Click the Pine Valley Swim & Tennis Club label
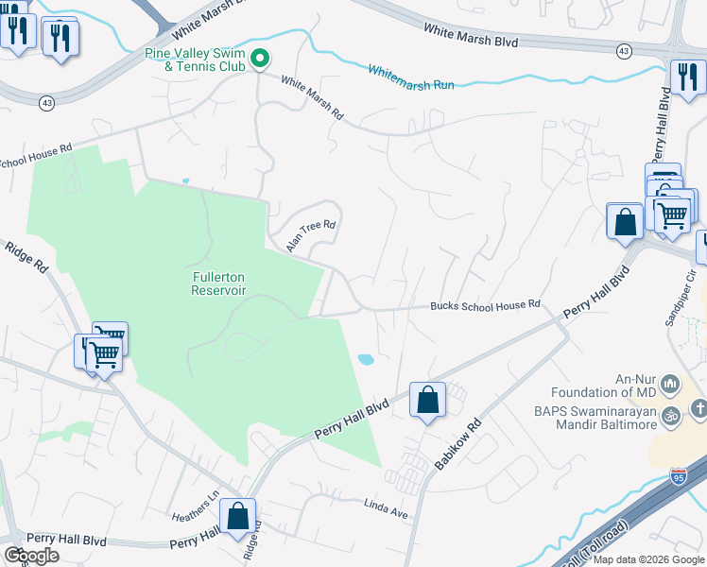(194, 60)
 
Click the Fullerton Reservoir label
(218, 283)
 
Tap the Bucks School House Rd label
(485, 305)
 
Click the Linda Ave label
(385, 507)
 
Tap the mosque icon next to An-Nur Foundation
(670, 384)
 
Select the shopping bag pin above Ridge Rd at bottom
(237, 516)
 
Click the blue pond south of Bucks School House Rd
(365, 359)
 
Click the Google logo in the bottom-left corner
(31, 555)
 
